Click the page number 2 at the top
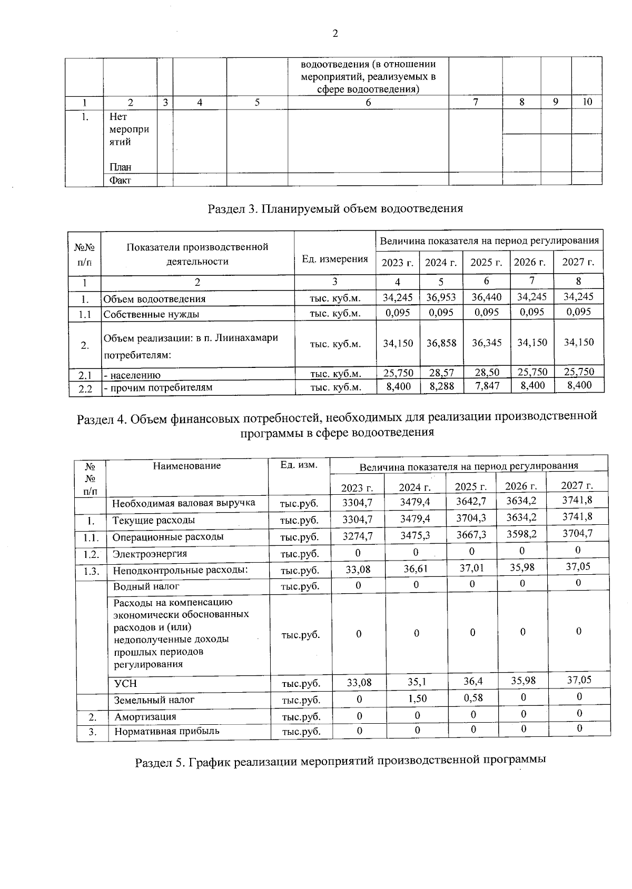335,34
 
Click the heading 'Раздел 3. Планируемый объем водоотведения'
335,209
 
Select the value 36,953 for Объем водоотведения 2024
441,297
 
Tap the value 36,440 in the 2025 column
486,297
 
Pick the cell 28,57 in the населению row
441,373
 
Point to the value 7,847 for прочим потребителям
486,386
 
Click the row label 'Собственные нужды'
151,314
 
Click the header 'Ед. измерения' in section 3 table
334,258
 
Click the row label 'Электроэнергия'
150,554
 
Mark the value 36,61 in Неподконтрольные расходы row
416,569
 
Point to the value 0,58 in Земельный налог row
472,697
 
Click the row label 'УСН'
125,684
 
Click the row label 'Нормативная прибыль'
167,731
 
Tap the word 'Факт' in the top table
120,181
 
